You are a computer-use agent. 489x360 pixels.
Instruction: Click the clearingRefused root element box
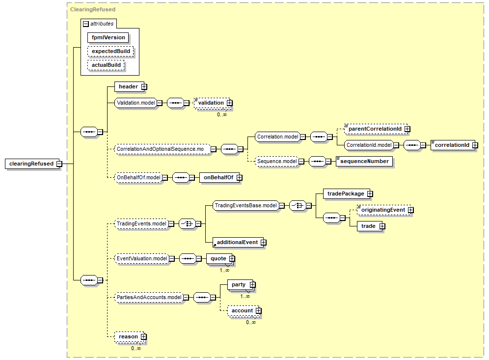[x=32, y=164]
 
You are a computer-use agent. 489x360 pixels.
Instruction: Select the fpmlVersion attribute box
[x=108, y=37]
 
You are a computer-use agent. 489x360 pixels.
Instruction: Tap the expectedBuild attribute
[x=110, y=51]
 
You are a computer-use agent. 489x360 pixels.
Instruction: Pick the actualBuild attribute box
[x=106, y=65]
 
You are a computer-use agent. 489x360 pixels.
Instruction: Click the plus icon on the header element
[x=144, y=87]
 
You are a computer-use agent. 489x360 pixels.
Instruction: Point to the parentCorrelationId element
[x=375, y=129]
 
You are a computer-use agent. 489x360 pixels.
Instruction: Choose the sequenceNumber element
[x=364, y=161]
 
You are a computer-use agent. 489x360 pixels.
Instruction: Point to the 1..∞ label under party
[x=245, y=296]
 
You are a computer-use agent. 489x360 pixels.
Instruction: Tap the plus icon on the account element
[x=258, y=311]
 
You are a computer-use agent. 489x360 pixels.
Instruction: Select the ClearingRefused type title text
[x=93, y=9]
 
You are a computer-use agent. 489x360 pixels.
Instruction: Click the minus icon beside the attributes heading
[x=86, y=24]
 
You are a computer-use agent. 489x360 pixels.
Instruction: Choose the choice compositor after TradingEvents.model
[x=188, y=223]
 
